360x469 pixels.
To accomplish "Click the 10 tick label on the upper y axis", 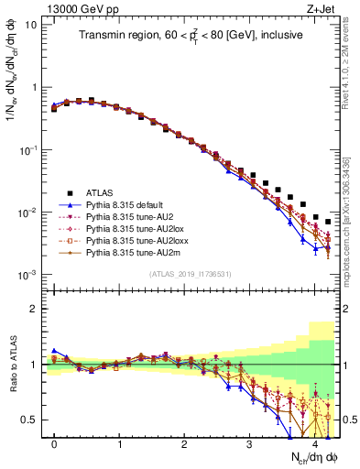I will pos(30,24).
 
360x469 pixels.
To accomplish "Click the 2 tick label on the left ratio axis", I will pos(34,309).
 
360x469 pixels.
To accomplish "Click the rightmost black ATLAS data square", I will pos(328,223).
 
